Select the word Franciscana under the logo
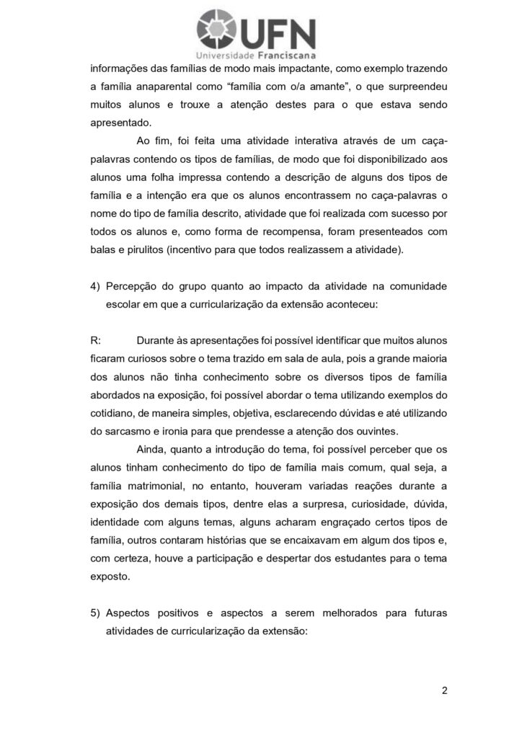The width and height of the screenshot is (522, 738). (287, 55)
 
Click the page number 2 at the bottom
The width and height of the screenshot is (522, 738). (445, 690)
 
